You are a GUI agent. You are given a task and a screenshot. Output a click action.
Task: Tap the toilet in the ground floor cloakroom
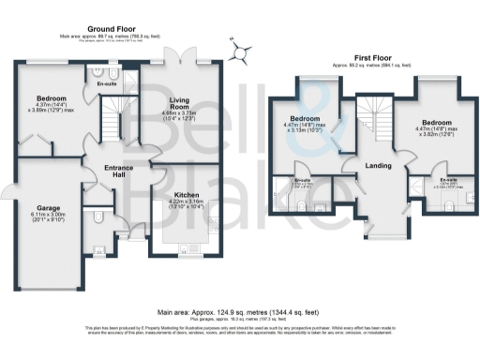[99, 221]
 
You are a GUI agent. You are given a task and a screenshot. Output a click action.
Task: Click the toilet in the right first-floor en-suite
[454, 200]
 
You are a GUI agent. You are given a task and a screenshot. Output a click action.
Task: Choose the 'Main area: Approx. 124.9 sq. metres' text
[239, 310]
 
